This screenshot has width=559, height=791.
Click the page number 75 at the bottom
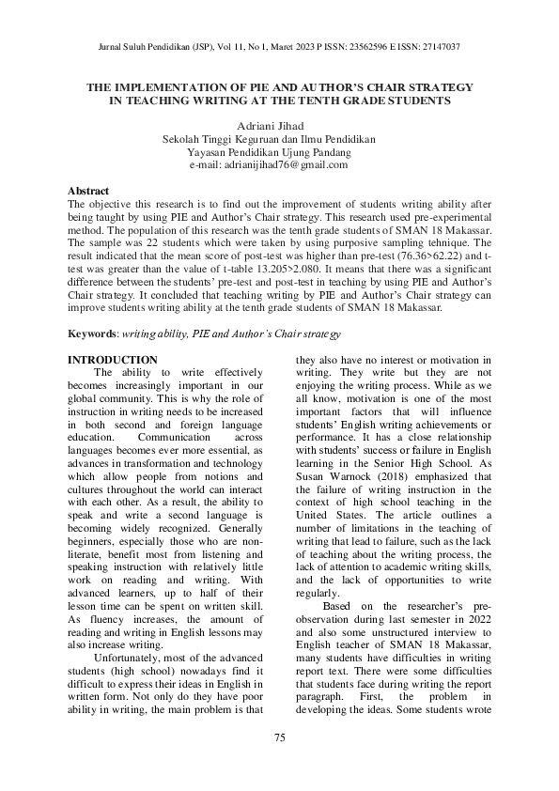point(279,737)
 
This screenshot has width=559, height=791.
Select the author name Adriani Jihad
point(268,124)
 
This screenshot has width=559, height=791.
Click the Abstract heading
point(88,191)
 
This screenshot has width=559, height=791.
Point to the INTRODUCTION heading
point(113,360)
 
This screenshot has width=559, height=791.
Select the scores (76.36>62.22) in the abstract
point(432,255)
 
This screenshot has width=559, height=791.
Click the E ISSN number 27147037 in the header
point(435,46)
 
